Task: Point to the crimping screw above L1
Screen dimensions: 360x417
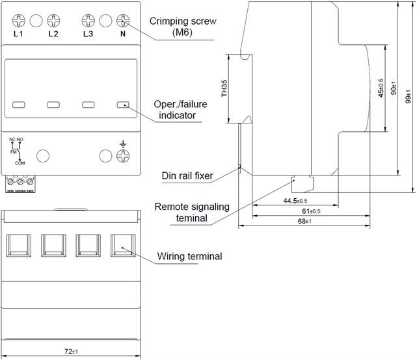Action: [x=18, y=20]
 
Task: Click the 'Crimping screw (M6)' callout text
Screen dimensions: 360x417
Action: [x=182, y=27]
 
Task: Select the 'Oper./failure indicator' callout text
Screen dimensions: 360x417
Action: [x=178, y=110]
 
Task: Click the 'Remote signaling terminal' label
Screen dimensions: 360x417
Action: [x=192, y=212]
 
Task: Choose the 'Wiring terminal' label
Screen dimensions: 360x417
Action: [x=190, y=256]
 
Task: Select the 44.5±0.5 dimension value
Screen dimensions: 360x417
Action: [x=295, y=201]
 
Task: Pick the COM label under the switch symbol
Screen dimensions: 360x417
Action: [x=20, y=163]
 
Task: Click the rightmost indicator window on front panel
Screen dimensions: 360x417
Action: [x=123, y=104]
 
